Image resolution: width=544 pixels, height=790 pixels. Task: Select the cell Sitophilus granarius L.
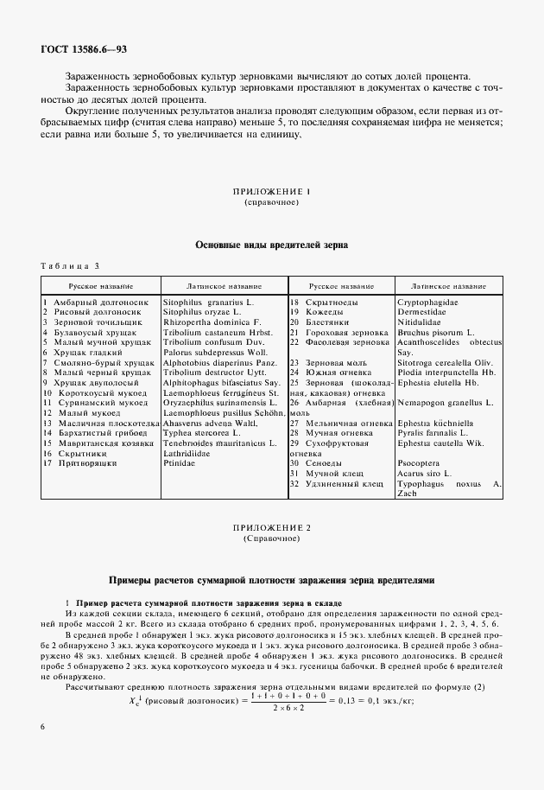click(x=206, y=303)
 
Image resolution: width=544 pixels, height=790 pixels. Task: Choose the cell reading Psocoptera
click(x=421, y=464)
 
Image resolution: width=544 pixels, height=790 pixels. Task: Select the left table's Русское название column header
click(x=100, y=284)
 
